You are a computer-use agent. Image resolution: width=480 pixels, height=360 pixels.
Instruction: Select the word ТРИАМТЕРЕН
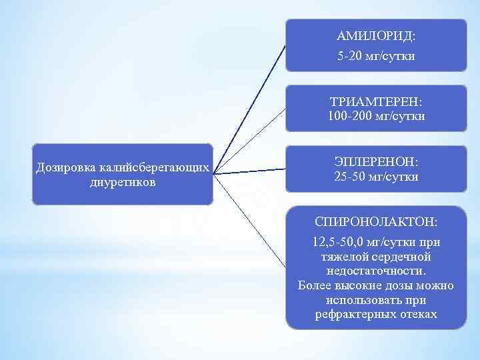pos(376,102)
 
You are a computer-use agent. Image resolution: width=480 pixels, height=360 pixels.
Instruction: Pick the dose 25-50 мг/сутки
pos(376,177)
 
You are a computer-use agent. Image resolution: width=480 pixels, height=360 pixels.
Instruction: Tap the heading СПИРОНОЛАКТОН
pos(376,221)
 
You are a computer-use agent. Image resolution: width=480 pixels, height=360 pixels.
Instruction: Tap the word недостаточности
pos(376,271)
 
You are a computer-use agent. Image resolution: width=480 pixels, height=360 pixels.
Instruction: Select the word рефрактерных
pos(345,314)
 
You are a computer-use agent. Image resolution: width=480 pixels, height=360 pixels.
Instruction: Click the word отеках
pos(416,314)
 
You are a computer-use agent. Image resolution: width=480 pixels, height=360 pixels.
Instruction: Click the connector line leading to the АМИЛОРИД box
pos(250,107)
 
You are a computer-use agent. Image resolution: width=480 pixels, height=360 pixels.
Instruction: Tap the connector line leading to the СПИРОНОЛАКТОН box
pos(250,215)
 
